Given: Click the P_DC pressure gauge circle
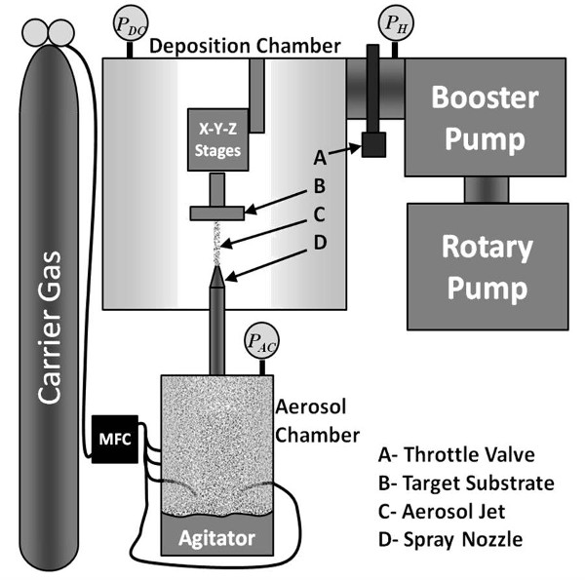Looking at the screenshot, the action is pos(131,23).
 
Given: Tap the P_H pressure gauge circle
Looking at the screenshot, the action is pos(396,23).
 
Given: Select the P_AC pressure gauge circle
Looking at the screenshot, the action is pos(261,340).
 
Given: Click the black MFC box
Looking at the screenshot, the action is pos(115,439).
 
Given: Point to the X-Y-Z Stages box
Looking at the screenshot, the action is pos(217,139).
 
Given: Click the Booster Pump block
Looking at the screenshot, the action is pos(485,117).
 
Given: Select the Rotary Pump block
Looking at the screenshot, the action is pos(487,266).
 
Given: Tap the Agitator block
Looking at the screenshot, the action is pos(217,535).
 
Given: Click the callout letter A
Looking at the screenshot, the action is pos(320,158).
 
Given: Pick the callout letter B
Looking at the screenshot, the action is pos(320,186).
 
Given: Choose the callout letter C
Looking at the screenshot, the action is pos(319,214).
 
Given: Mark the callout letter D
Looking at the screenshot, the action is pos(320,243).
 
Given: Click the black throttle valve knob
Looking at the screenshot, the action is pos(373,144).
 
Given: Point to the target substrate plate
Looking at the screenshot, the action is pos(217,213).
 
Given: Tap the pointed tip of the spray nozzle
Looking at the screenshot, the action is pos(216,266).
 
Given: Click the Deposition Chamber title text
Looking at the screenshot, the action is pos(245,46).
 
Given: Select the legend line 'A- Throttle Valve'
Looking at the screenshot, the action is pos(456,454).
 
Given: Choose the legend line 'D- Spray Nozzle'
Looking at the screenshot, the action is pos(450,539).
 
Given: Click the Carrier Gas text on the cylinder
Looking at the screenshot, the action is pos(50,328).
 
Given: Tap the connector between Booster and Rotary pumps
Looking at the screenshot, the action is pos(487,190).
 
